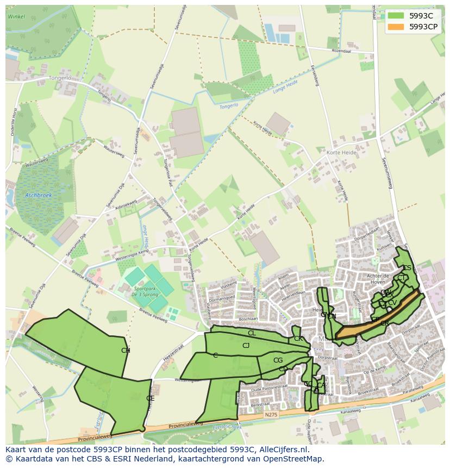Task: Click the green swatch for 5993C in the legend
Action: click(396, 16)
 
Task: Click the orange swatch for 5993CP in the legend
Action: click(396, 26)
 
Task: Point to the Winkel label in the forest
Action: click(17, 16)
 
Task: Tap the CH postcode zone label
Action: click(126, 351)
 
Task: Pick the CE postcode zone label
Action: click(151, 398)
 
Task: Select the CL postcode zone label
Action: click(252, 333)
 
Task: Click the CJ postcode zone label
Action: click(246, 346)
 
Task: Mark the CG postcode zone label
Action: click(278, 360)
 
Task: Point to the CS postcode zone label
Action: click(407, 268)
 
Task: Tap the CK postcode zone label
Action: click(298, 339)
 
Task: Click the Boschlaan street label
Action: click(248, 319)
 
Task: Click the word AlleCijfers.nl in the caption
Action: click(282, 450)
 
